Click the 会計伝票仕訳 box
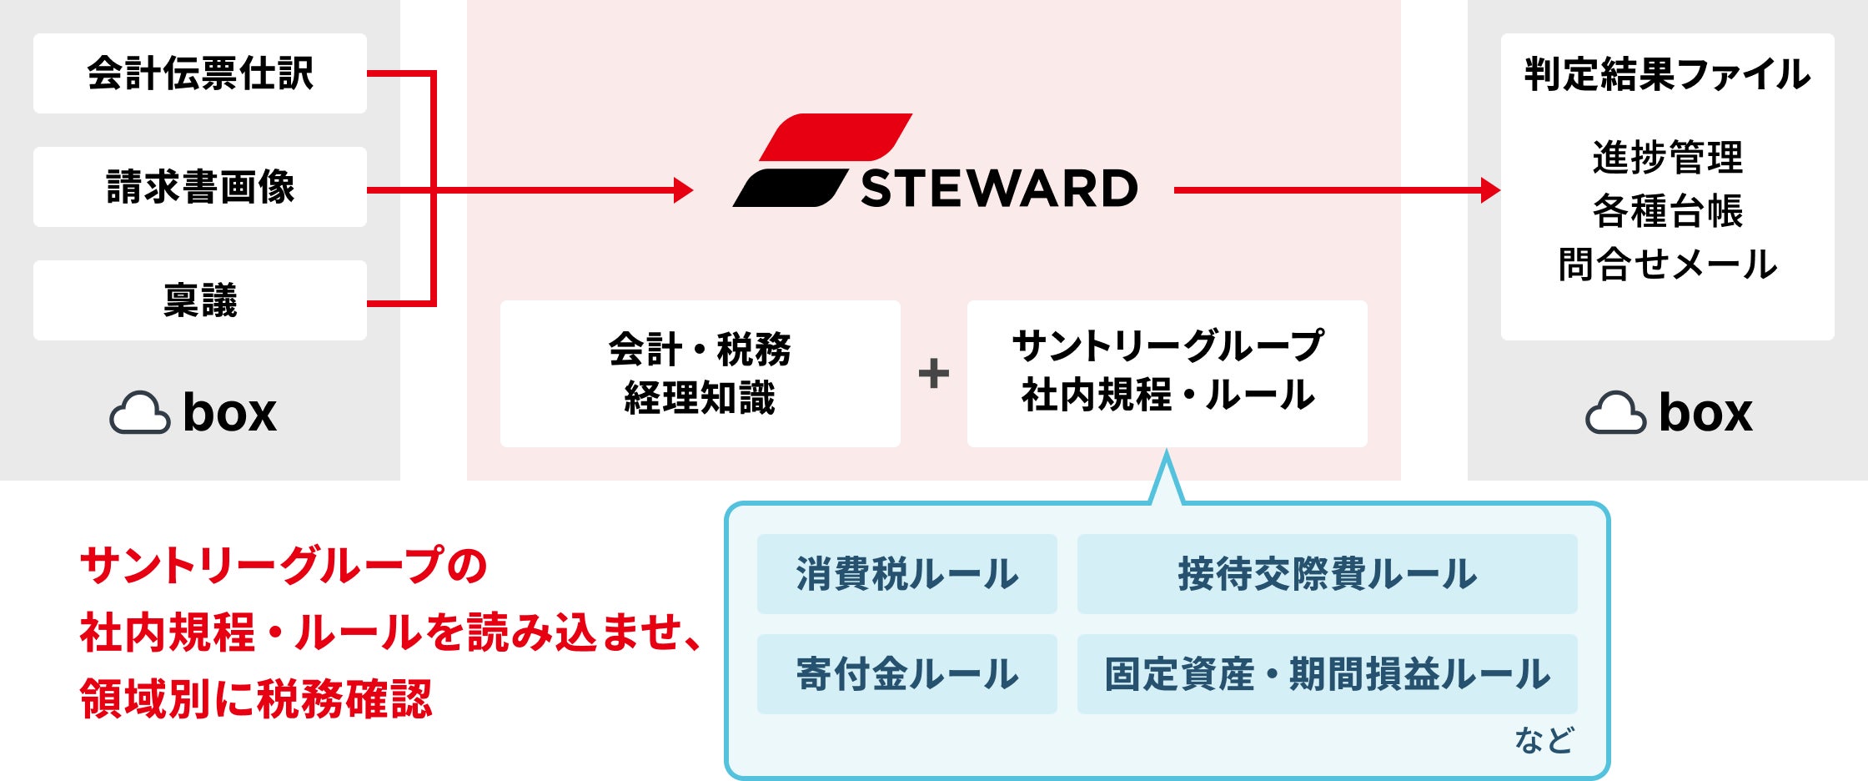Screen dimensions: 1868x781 point(200,73)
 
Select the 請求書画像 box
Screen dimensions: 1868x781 point(200,187)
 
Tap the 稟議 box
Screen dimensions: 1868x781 point(200,300)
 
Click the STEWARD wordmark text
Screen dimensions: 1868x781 point(999,189)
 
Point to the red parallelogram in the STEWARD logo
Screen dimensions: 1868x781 point(836,137)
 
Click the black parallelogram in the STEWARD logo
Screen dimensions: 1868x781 point(790,188)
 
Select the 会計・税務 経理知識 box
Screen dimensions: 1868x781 point(700,374)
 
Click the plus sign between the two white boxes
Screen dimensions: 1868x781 point(934,373)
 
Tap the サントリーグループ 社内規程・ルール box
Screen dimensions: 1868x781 point(1167,374)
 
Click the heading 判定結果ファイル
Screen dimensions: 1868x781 point(1668,74)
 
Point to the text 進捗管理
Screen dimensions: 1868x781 point(1668,157)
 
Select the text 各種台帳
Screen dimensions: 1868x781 point(1668,210)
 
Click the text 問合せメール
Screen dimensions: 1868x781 point(1668,264)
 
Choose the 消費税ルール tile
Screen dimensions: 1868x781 point(907,574)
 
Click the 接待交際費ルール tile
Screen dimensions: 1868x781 point(1328,574)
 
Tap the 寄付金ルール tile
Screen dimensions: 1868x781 point(907,674)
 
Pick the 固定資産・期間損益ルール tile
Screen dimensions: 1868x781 point(1328,674)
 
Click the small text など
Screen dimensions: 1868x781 point(1544,740)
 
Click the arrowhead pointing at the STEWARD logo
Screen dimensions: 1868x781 point(684,190)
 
